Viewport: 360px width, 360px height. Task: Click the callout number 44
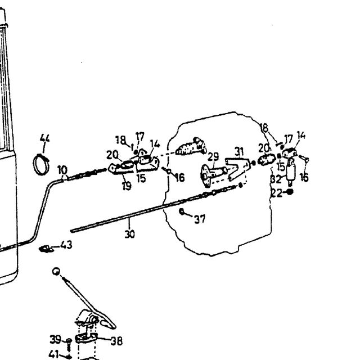(x=44, y=138)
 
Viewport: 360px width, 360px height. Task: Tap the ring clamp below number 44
(x=34, y=165)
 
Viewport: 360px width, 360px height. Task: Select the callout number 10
(x=62, y=170)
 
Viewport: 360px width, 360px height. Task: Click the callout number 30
(x=130, y=234)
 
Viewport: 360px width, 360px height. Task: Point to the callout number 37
(x=200, y=219)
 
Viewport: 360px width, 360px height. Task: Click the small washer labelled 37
(x=182, y=211)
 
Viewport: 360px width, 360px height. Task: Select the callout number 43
(x=66, y=245)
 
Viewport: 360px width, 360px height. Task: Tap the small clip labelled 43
(x=46, y=249)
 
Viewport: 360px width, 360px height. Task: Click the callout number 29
(x=213, y=157)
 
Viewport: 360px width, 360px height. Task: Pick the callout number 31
(x=239, y=151)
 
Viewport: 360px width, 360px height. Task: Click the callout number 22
(x=277, y=193)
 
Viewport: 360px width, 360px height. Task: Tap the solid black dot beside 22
(x=290, y=192)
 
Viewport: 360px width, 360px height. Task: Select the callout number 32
(x=276, y=179)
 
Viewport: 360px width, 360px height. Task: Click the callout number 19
(x=127, y=186)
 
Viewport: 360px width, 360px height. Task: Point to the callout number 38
(x=116, y=341)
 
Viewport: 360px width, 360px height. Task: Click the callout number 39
(x=55, y=339)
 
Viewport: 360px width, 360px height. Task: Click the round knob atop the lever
(x=56, y=271)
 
